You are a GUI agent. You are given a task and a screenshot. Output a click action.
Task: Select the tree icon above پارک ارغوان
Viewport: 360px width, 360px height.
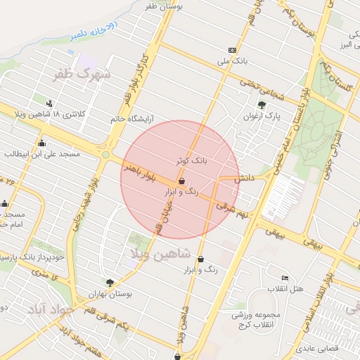tap(262, 105)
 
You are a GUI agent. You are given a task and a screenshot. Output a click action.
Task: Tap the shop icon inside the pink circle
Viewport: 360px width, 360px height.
tap(181, 181)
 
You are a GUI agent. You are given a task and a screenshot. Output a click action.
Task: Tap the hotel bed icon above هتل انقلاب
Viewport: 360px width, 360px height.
tap(285, 278)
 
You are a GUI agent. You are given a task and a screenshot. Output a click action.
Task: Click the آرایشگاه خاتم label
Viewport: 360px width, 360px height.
tap(131, 119)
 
